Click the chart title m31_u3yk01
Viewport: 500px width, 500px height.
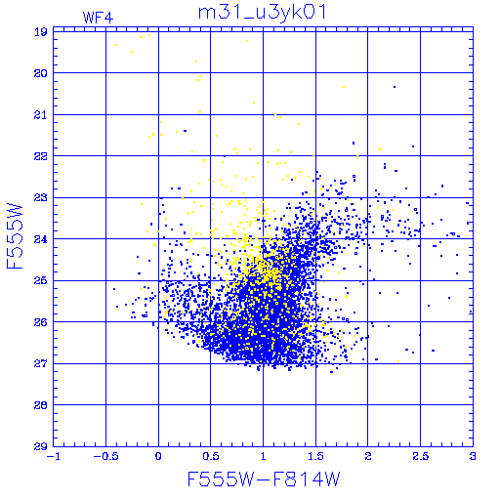(262, 13)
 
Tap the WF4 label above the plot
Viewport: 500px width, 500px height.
(98, 18)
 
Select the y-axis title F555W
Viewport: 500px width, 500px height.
(15, 236)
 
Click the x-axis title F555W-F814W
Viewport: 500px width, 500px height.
(264, 479)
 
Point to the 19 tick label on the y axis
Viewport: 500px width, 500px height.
(41, 32)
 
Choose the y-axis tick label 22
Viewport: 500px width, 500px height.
(41, 156)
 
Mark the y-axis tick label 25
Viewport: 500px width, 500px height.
(41, 280)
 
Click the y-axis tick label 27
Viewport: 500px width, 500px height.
(41, 363)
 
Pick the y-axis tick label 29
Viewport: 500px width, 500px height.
(41, 446)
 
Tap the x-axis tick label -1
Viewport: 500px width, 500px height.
(54, 456)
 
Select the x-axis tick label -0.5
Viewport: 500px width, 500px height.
(105, 456)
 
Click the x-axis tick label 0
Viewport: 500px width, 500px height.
(158, 456)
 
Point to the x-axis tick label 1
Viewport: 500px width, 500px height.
(263, 456)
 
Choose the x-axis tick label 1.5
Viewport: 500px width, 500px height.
(315, 456)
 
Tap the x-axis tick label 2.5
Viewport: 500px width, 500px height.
(420, 456)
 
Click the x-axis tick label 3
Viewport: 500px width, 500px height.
(473, 456)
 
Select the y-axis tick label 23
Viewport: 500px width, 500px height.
(41, 197)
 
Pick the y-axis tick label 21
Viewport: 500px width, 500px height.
(41, 115)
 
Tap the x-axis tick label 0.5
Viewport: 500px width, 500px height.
(211, 456)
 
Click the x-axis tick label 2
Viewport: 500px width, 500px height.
(368, 456)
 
